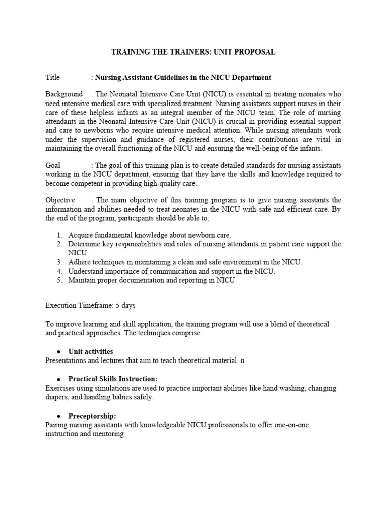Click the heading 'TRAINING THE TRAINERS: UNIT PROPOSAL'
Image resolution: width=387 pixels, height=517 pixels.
pyautogui.click(x=193, y=52)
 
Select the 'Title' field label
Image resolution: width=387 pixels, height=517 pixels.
pyautogui.click(x=52, y=77)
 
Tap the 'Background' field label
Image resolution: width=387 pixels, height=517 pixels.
pyautogui.click(x=64, y=94)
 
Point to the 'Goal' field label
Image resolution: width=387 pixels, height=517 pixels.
pyautogui.click(x=53, y=165)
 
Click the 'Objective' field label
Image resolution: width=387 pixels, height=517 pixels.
pyautogui.click(x=60, y=200)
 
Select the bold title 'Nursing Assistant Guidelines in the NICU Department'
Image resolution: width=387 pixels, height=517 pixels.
pyautogui.click(x=183, y=77)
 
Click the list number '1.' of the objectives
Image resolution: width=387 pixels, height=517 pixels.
pyautogui.click(x=59, y=235)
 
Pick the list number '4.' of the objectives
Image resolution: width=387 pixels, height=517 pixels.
pyautogui.click(x=59, y=271)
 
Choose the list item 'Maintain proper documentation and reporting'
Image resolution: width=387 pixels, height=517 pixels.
pyautogui.click(x=152, y=280)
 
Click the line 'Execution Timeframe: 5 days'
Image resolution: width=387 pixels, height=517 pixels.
pyautogui.click(x=90, y=305)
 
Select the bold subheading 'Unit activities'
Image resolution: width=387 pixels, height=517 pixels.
pyautogui.click(x=91, y=351)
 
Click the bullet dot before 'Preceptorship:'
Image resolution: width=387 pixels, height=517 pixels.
pyautogui.click(x=59, y=416)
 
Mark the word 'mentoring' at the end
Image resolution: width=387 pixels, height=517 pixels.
pyautogui.click(x=108, y=434)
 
